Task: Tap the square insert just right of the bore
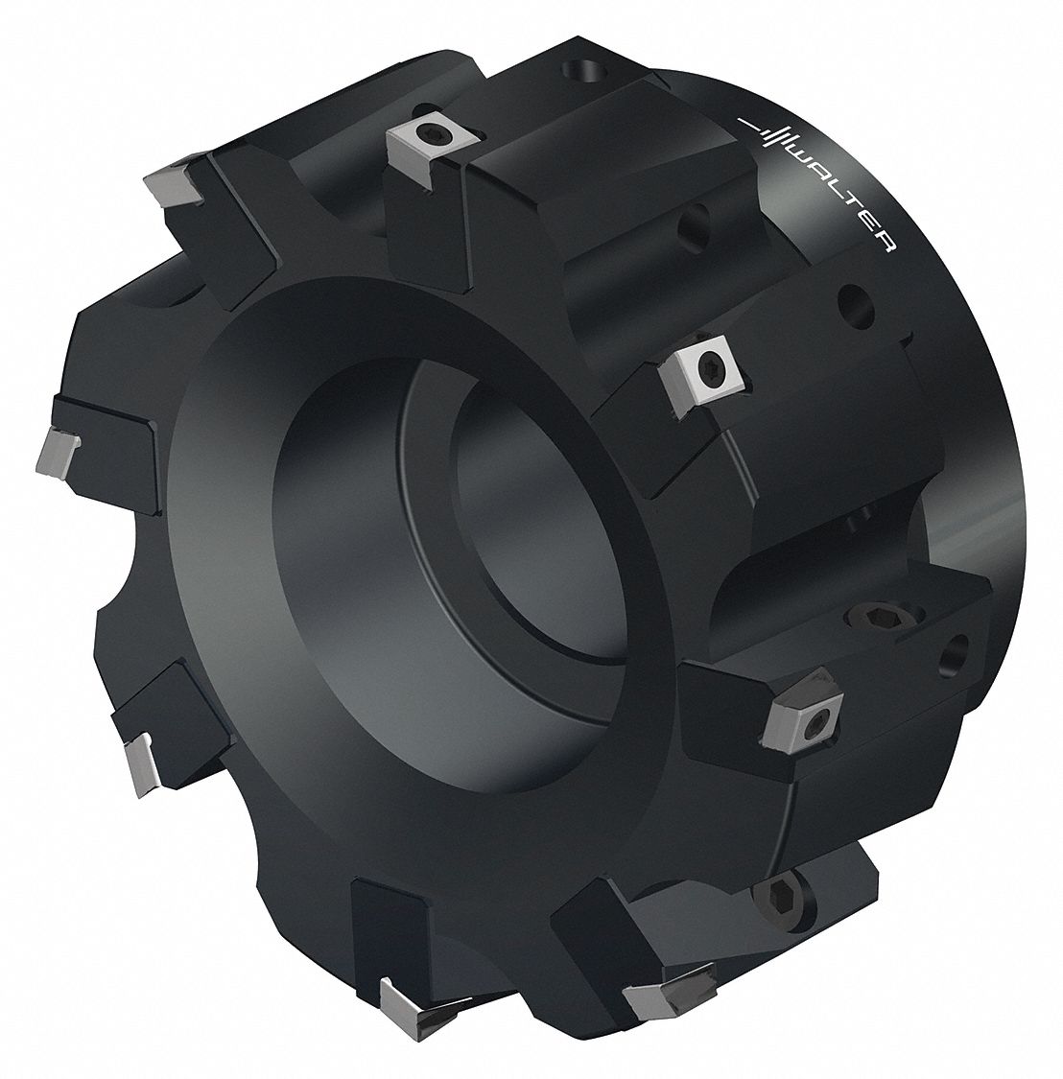click(x=705, y=370)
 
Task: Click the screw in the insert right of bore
click(x=710, y=366)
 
